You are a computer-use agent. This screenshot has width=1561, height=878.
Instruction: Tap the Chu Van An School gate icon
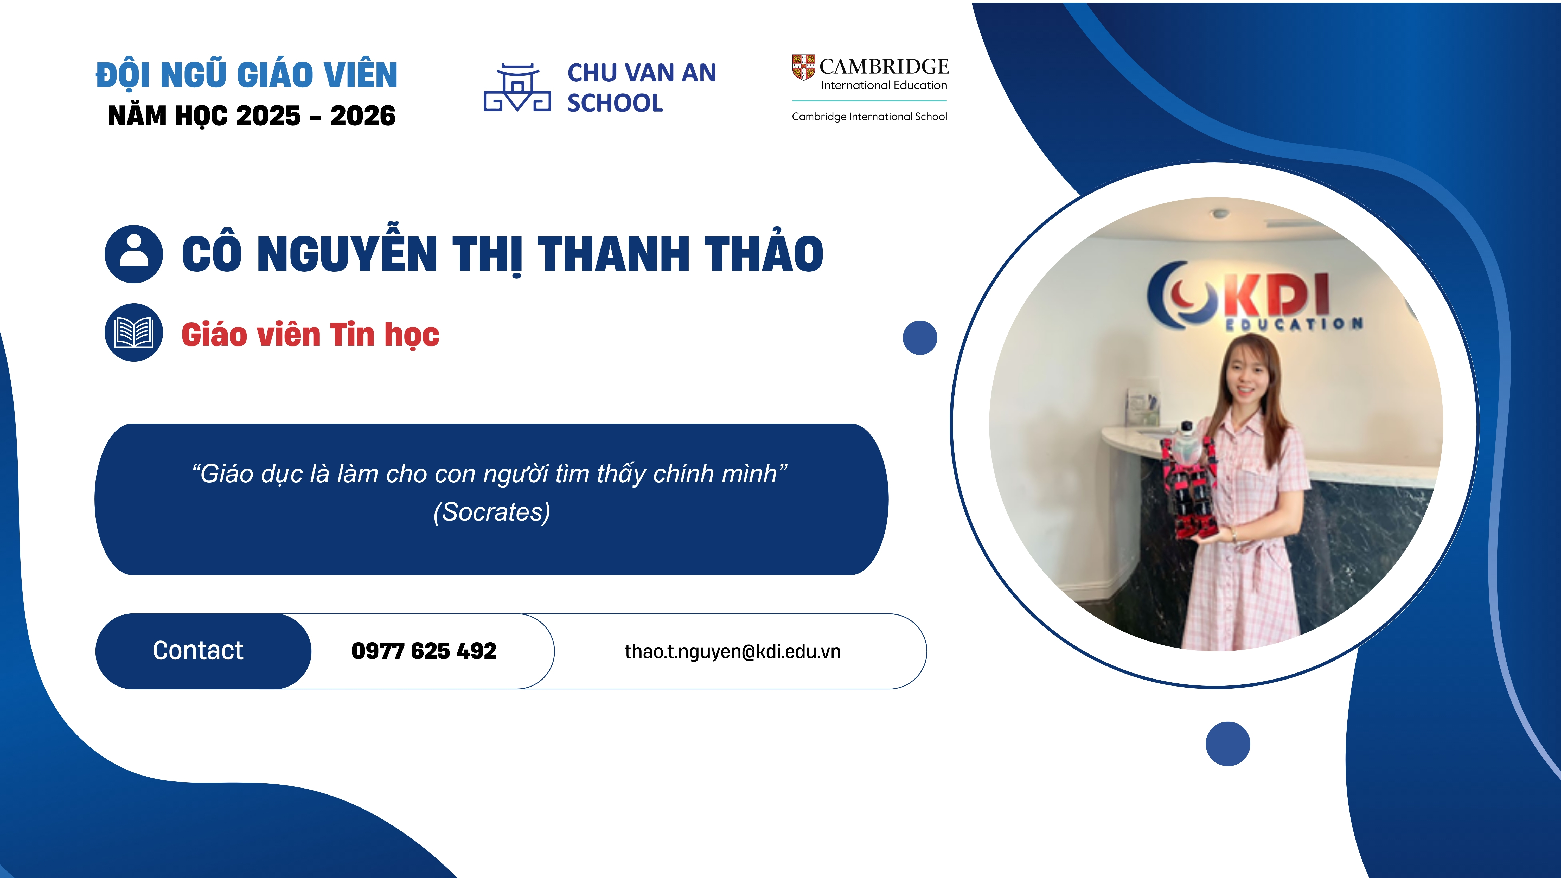point(517,88)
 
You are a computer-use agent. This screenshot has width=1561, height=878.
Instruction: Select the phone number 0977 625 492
point(424,651)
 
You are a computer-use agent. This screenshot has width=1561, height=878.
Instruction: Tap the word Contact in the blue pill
point(198,650)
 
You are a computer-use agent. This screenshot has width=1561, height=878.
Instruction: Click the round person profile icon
point(134,254)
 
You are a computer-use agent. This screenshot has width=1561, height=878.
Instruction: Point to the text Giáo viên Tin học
point(310,335)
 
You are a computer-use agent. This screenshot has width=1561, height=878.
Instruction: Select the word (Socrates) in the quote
point(492,512)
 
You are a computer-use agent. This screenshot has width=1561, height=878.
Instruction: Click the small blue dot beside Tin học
point(920,337)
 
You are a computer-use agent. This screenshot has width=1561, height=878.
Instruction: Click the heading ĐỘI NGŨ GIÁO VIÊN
point(247,74)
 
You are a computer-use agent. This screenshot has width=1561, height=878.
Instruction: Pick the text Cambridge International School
point(869,116)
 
